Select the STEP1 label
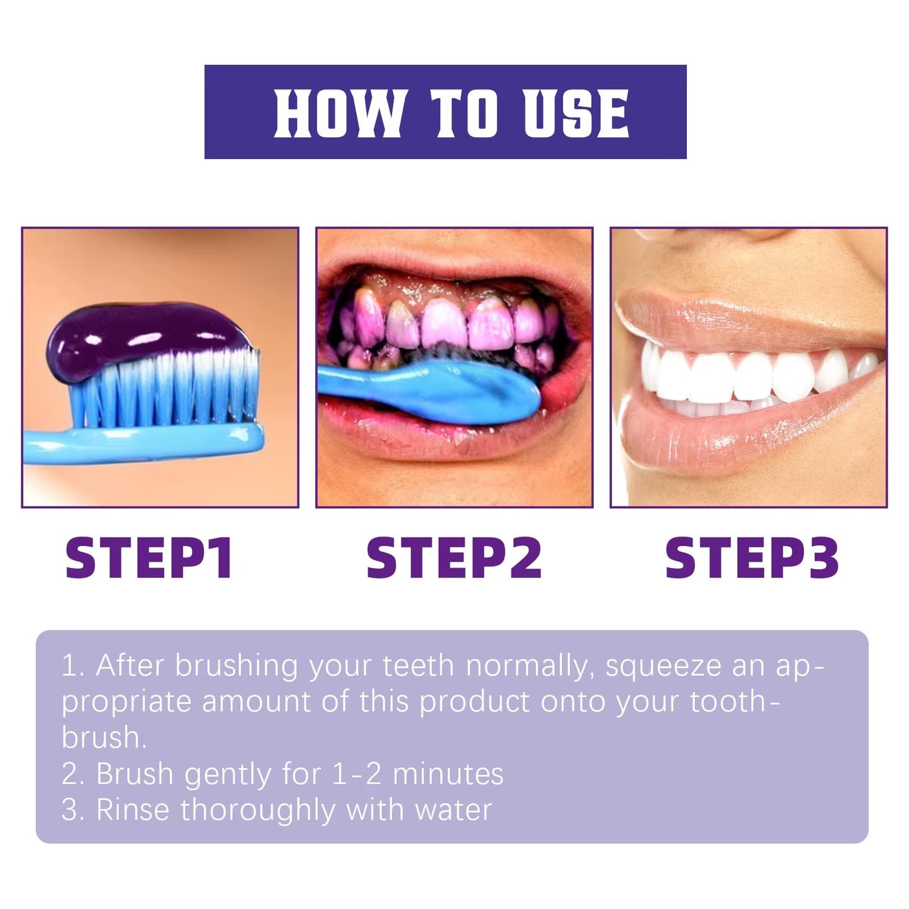149,558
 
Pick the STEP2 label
454,558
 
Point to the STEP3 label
752,558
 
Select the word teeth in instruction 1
418,666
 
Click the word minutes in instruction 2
448,774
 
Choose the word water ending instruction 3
454,810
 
